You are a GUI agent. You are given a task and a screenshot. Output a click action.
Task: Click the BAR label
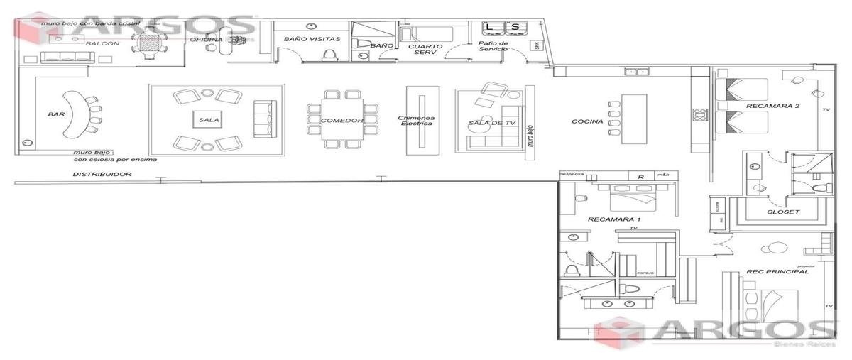point(57,114)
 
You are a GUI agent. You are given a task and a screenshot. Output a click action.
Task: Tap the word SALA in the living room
point(209,120)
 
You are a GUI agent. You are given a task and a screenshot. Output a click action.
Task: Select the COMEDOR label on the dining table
point(342,121)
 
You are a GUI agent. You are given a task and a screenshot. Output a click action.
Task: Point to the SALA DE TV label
point(486,123)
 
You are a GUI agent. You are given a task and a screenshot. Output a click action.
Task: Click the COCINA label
point(587,121)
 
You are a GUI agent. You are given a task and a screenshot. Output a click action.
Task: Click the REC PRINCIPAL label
point(777,271)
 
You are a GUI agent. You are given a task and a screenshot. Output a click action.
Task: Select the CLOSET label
point(783,212)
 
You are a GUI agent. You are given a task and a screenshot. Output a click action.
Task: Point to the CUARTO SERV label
point(425,50)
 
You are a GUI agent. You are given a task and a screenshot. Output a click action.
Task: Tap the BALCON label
point(103,43)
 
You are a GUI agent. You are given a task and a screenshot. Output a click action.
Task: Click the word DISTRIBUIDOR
point(102,174)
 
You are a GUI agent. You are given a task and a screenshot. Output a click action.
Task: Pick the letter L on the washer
point(490,28)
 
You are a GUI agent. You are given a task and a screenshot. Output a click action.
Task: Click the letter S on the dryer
point(515,28)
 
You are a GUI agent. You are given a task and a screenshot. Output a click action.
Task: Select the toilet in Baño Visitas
point(329,54)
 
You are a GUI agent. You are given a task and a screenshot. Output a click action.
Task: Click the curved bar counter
point(70,114)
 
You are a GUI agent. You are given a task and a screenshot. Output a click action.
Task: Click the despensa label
point(572,173)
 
